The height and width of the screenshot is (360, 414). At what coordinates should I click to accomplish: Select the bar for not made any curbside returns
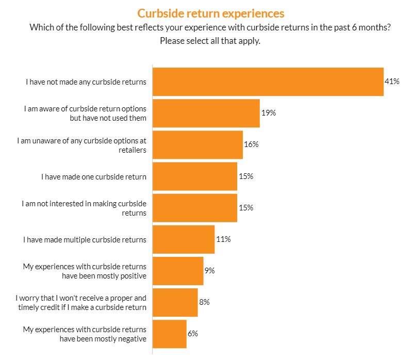click(x=268, y=81)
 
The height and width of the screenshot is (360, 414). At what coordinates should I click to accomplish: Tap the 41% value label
click(x=392, y=81)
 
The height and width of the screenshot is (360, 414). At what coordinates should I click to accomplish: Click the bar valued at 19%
click(x=206, y=113)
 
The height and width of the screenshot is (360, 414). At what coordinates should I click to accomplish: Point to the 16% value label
click(x=251, y=144)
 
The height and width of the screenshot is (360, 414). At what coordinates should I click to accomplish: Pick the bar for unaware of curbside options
click(x=197, y=144)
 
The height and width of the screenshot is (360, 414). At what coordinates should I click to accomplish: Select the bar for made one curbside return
click(x=195, y=176)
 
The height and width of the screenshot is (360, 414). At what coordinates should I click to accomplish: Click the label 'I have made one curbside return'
click(x=94, y=176)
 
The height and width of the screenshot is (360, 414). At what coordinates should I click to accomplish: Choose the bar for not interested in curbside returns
click(x=195, y=208)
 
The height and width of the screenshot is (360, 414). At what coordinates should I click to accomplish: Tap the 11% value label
click(x=223, y=239)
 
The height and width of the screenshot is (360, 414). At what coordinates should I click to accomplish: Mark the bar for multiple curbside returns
click(x=184, y=239)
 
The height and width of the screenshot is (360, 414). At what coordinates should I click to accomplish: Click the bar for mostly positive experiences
click(x=178, y=271)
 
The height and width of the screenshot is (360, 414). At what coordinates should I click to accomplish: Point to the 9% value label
click(x=210, y=271)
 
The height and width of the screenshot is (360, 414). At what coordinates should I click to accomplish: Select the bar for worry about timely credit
click(x=175, y=302)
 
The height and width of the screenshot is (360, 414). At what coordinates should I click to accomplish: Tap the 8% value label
click(x=204, y=302)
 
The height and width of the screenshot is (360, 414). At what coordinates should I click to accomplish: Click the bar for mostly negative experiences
click(x=170, y=334)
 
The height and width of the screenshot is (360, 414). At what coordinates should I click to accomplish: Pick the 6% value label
click(x=193, y=334)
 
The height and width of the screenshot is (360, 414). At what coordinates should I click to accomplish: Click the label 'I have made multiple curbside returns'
click(x=85, y=239)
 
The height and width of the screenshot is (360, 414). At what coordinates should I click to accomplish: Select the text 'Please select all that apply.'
click(x=210, y=41)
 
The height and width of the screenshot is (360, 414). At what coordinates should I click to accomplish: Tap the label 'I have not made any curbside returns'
click(x=86, y=81)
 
